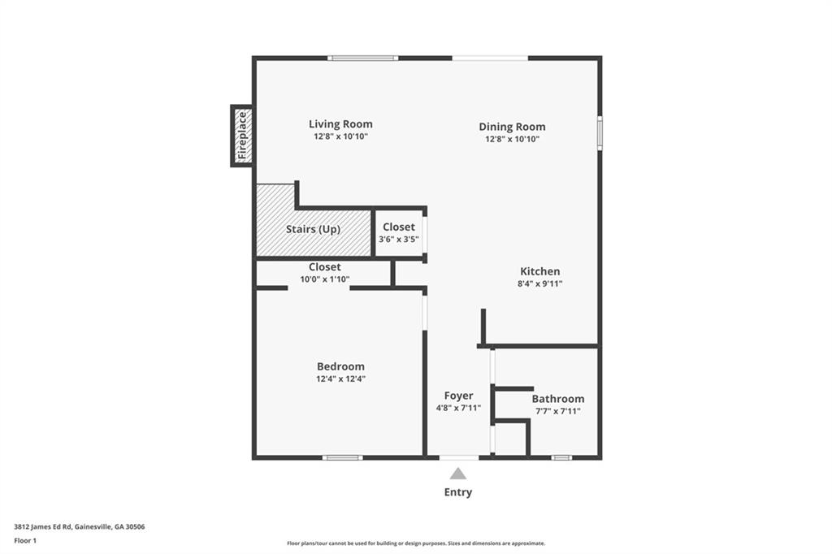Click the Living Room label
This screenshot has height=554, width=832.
(340, 124)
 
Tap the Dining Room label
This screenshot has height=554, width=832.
(512, 127)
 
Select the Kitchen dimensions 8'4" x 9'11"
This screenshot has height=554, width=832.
(540, 284)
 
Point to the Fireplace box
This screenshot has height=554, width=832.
(242, 136)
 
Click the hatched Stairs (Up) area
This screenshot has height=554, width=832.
(313, 230)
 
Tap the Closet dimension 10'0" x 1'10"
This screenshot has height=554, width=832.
(324, 279)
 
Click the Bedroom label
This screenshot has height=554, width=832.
(340, 366)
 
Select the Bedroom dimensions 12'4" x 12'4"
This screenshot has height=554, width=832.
(340, 379)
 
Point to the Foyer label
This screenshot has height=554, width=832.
(458, 396)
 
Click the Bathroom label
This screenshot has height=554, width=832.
(557, 399)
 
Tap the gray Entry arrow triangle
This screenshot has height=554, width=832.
(458, 474)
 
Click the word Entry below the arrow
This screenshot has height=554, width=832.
(458, 492)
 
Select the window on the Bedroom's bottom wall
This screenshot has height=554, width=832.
(342, 457)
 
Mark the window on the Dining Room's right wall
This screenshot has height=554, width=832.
(600, 133)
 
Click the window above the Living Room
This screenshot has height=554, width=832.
(363, 58)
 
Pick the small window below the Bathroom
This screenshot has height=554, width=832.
(561, 457)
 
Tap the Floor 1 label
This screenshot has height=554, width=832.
(25, 539)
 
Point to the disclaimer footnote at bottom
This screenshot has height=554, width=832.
(415, 543)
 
